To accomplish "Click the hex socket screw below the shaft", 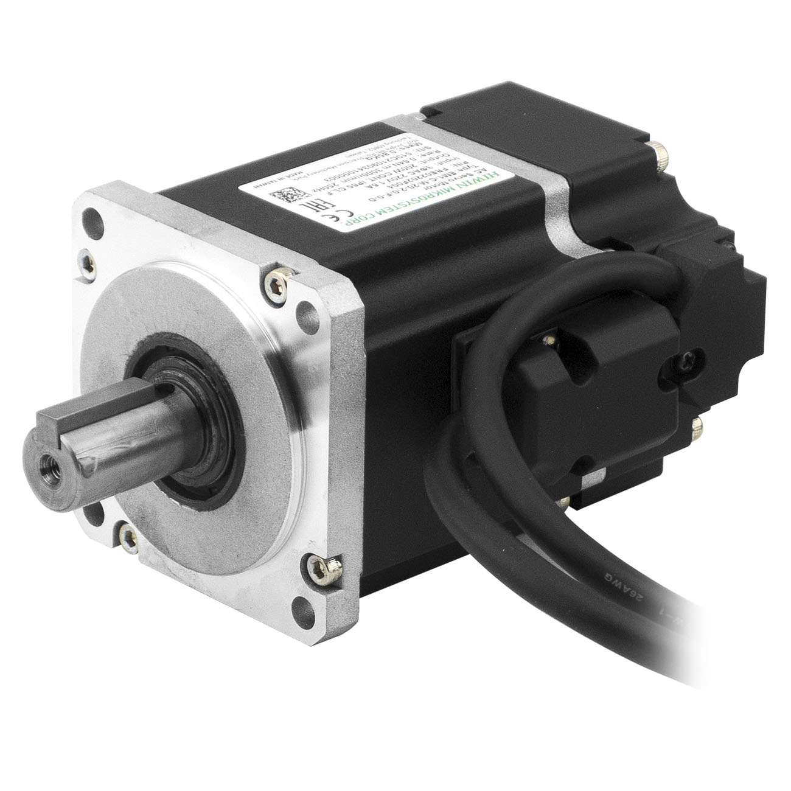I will [x=129, y=535].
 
